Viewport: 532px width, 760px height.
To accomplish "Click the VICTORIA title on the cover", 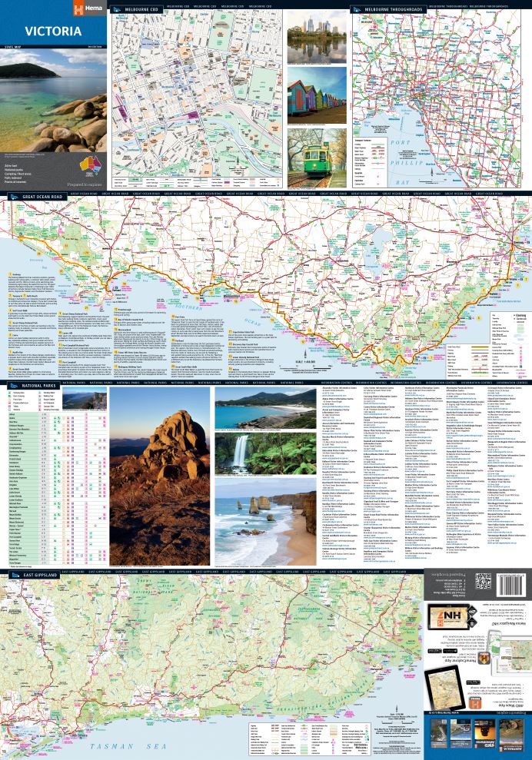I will pos(52,32).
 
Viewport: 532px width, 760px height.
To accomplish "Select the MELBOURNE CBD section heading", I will pos(141,10).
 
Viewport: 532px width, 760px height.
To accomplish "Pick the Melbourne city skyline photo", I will pos(316,38).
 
